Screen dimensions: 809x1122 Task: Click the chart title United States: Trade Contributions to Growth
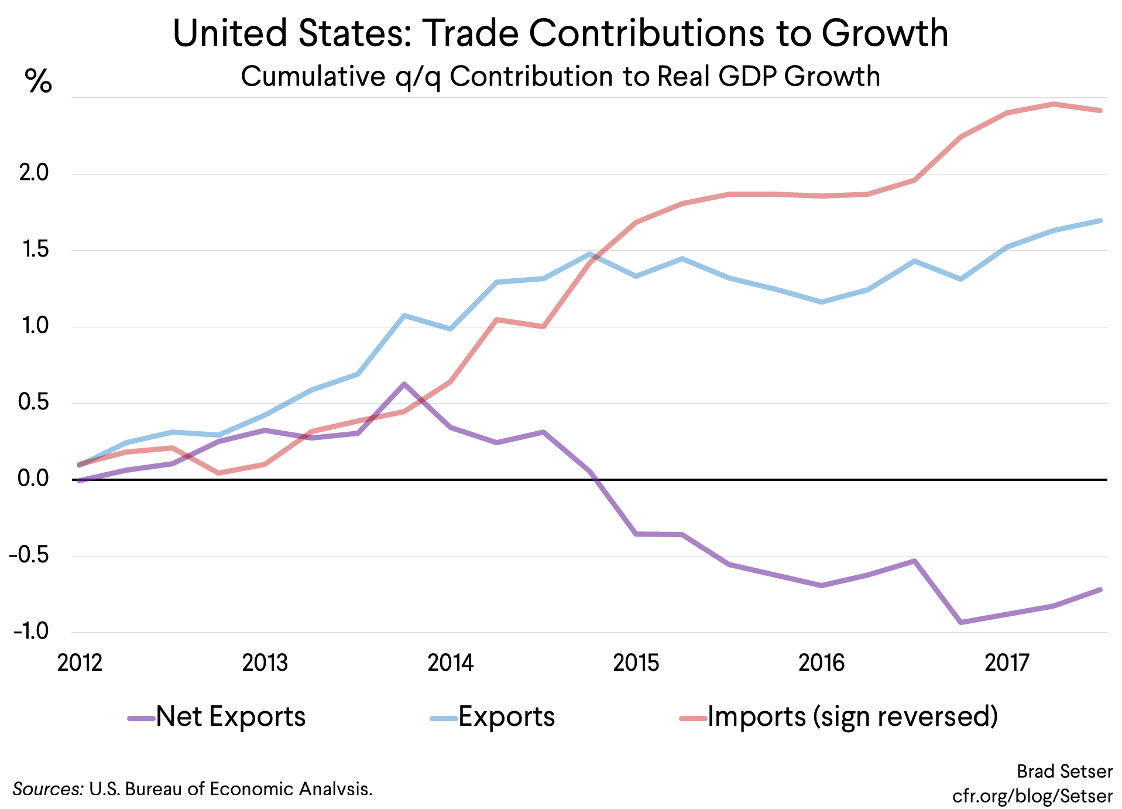tap(560, 33)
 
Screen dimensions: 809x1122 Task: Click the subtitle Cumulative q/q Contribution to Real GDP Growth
tap(560, 77)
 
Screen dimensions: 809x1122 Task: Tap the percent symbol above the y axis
tap(38, 81)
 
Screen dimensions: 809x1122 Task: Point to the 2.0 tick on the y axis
tap(33, 173)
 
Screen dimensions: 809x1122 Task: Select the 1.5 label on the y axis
tap(35, 250)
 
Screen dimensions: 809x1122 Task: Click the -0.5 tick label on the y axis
tap(29, 555)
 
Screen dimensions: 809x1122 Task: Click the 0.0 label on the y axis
tap(33, 479)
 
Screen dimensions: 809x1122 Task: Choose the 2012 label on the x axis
tap(80, 663)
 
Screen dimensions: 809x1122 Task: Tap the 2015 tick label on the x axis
tap(636, 663)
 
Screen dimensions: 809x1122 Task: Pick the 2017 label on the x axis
tap(1007, 663)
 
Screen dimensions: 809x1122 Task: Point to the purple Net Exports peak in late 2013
tap(404, 384)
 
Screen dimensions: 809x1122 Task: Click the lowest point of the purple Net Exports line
tap(960, 622)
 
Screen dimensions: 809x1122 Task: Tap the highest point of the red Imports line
tap(1053, 104)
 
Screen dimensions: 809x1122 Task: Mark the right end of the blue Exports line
tap(1100, 221)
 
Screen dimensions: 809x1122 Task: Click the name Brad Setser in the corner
tap(1064, 772)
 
